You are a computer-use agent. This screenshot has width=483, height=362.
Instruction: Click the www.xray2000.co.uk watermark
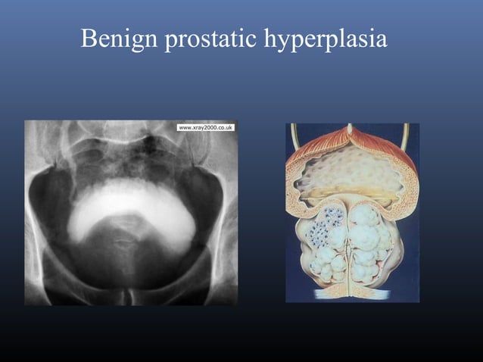[206, 127]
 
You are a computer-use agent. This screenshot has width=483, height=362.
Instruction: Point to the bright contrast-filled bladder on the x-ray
[129, 208]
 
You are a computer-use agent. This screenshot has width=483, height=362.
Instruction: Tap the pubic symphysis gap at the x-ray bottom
[130, 292]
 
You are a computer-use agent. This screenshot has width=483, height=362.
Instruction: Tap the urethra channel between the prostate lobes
[347, 242]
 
